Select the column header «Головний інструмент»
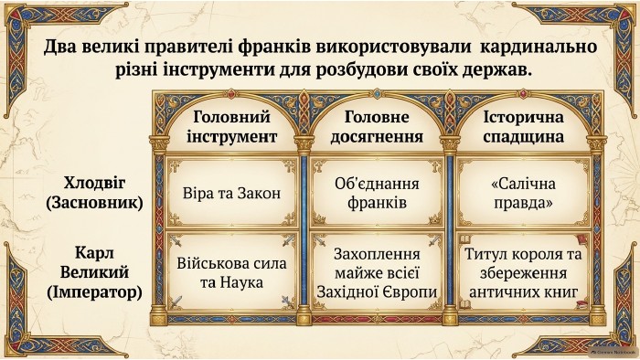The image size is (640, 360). pyautogui.click(x=232, y=127)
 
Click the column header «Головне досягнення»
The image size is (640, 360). pyautogui.click(x=377, y=127)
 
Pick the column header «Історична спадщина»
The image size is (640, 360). pyautogui.click(x=523, y=127)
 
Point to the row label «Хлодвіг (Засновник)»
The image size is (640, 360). pyautogui.click(x=94, y=193)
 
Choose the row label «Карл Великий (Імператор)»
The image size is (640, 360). pyautogui.click(x=94, y=272)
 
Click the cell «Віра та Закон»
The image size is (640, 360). pyautogui.click(x=232, y=193)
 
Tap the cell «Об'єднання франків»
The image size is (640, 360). pyautogui.click(x=377, y=193)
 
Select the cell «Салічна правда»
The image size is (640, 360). pyautogui.click(x=523, y=193)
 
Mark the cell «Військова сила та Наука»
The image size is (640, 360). pyautogui.click(x=232, y=273)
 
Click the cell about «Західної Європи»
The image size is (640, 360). pyautogui.click(x=377, y=273)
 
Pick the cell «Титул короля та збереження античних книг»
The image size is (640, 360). pyautogui.click(x=523, y=273)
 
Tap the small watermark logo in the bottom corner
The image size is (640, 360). pyautogui.click(x=613, y=351)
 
